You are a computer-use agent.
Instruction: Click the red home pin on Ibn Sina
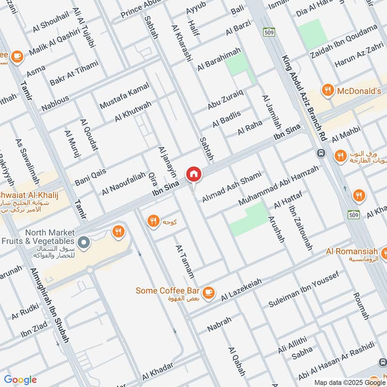[x=193, y=174]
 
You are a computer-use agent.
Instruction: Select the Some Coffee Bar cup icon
[x=208, y=292]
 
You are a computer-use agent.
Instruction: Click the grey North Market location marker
[x=84, y=241]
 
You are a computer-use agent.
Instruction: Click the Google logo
[x=20, y=380]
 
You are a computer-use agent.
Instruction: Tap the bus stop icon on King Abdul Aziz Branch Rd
[x=320, y=153]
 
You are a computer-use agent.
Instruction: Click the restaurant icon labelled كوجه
[x=153, y=222]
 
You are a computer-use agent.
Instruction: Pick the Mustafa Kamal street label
[x=124, y=95]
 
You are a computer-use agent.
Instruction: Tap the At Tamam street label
[x=185, y=261]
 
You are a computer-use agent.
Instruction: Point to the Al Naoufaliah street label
[x=123, y=185]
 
